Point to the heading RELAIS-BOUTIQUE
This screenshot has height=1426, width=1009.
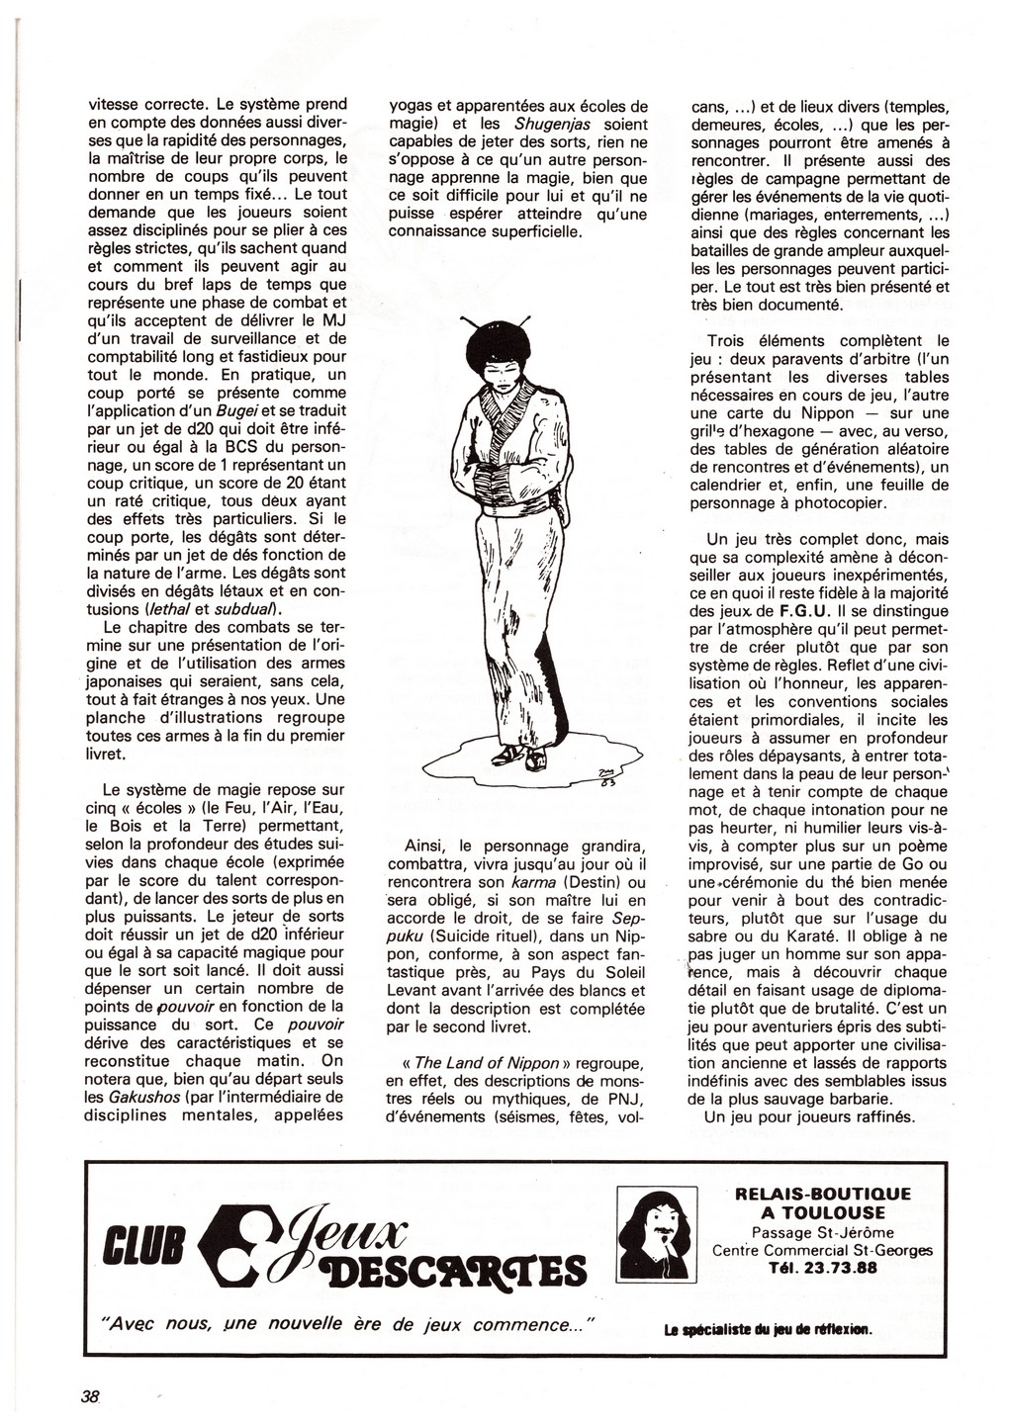pyautogui.click(x=823, y=1194)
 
